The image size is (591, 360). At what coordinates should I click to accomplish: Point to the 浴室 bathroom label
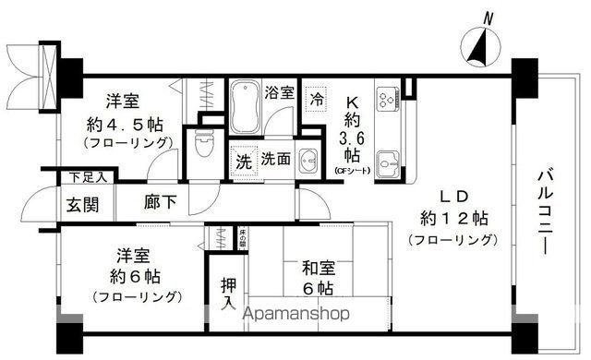[280, 92]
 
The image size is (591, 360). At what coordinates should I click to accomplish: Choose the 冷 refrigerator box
[318, 96]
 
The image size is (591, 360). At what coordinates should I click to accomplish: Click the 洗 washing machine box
[242, 159]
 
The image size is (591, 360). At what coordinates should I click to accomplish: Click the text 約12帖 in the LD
[452, 219]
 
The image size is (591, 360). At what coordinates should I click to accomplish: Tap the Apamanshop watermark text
[295, 315]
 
